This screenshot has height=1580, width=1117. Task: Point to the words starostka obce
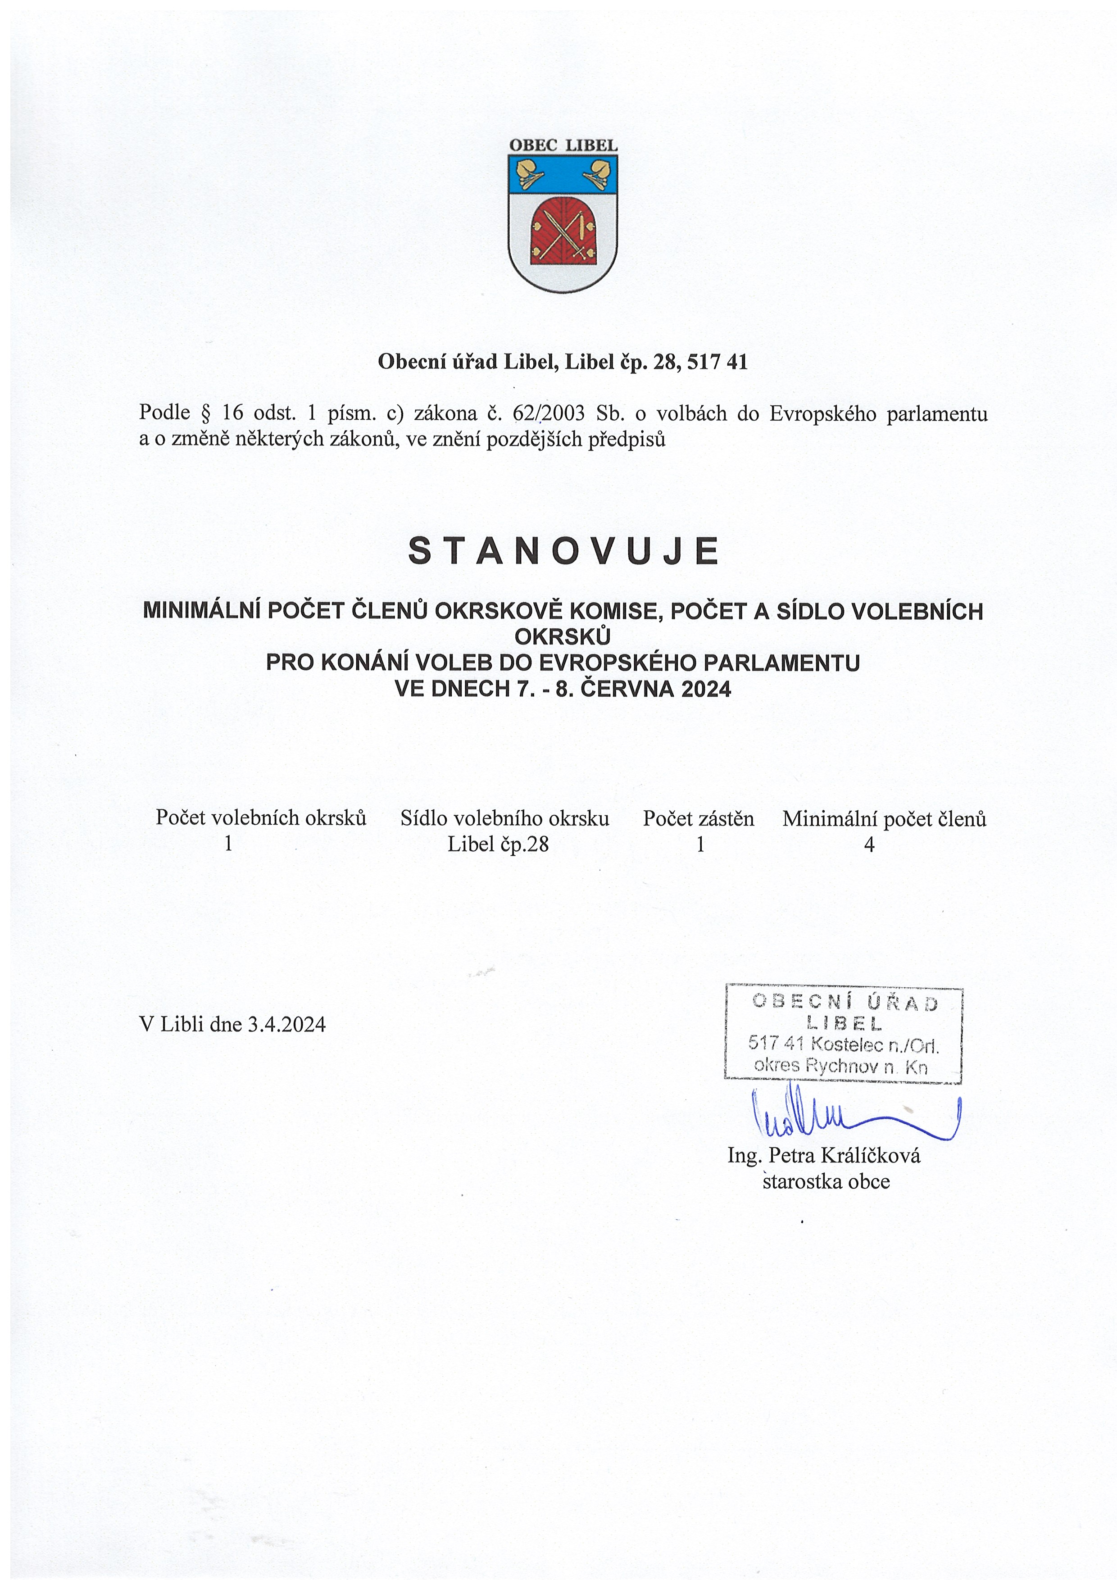(826, 1181)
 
